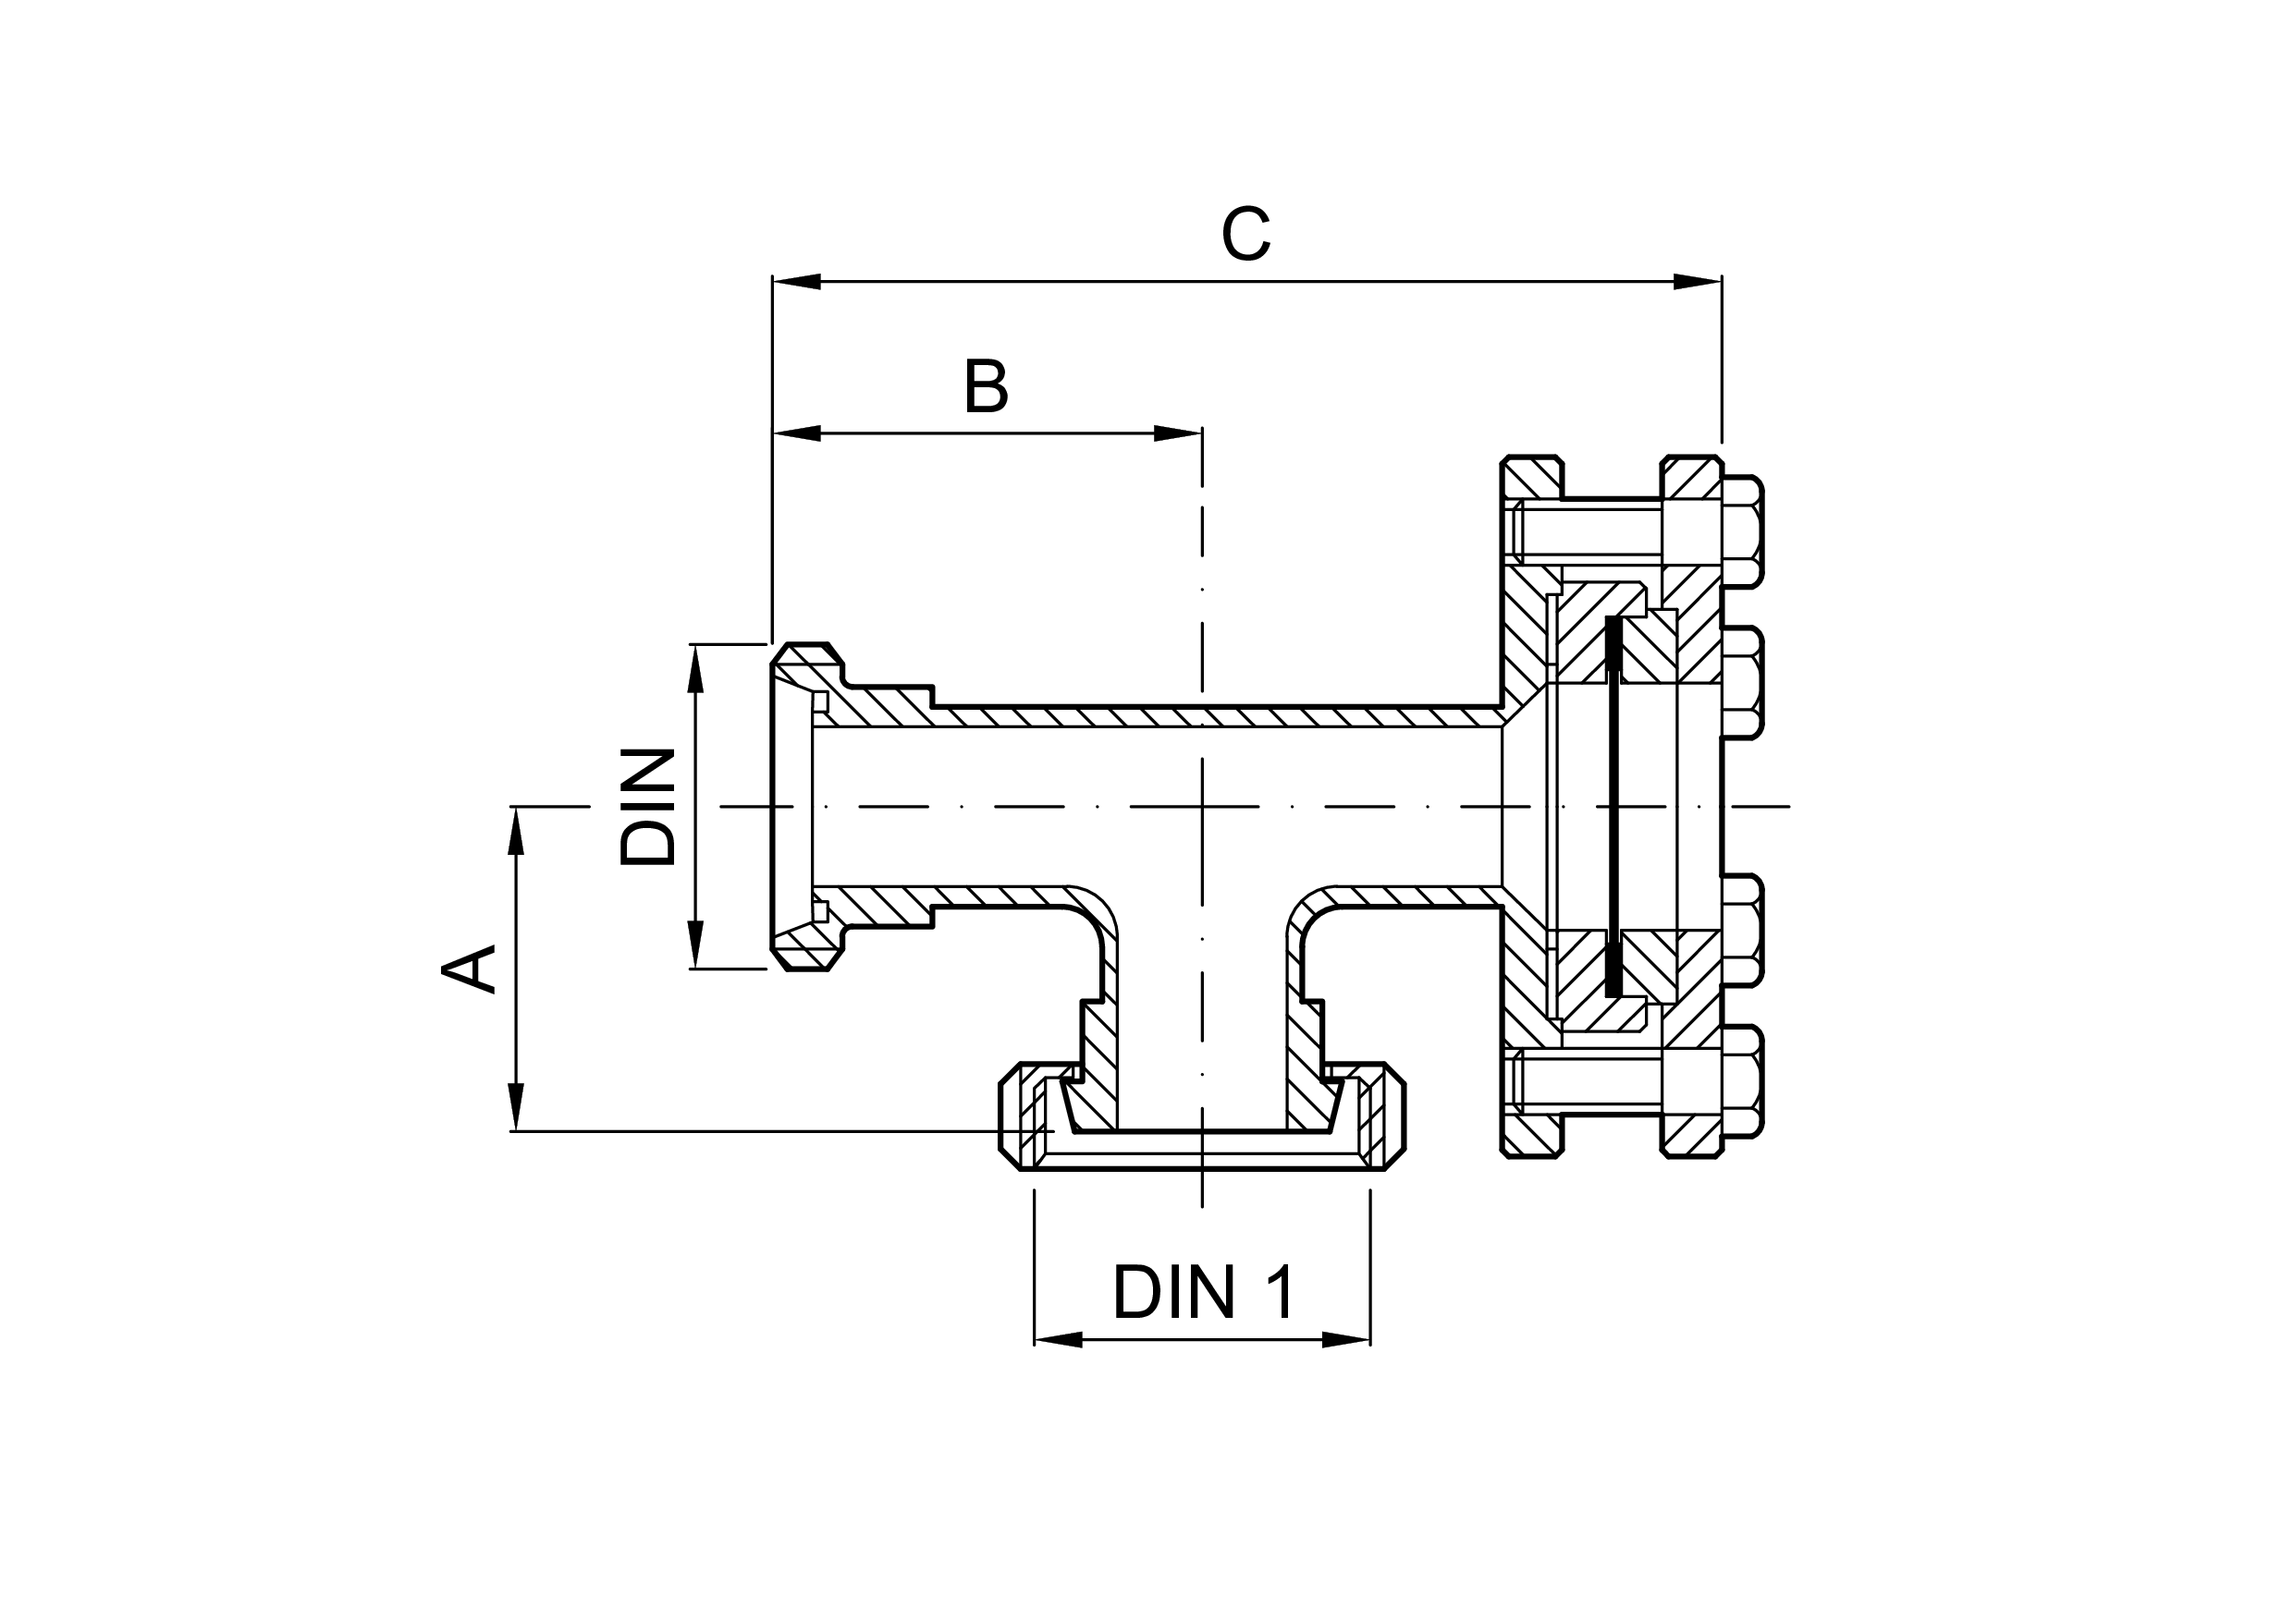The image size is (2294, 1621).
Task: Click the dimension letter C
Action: (x=1245, y=235)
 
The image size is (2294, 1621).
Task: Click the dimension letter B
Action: (x=987, y=386)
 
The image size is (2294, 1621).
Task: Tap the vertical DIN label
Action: (x=647, y=807)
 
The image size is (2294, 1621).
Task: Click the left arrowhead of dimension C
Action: (x=797, y=282)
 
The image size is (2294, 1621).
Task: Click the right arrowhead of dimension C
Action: (x=1698, y=282)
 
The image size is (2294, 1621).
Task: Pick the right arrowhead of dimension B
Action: (x=1178, y=433)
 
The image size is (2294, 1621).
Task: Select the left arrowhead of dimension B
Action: (x=797, y=433)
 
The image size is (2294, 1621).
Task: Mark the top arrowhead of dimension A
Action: (x=517, y=831)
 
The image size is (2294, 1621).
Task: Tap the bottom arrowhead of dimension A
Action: (x=517, y=1106)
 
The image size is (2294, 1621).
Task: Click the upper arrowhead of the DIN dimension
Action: (x=696, y=669)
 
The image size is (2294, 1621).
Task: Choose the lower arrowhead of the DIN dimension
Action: (x=696, y=944)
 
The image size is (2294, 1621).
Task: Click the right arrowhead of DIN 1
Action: (x=1346, y=1339)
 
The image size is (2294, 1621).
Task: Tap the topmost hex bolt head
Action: (x=1743, y=530)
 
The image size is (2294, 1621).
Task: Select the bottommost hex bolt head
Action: (x=1743, y=1081)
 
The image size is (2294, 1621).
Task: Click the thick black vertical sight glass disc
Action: (x=1613, y=806)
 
